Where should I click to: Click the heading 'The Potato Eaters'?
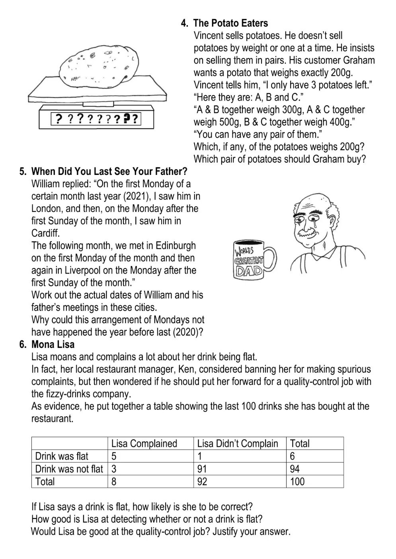[236, 23]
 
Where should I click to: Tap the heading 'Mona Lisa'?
[53, 344]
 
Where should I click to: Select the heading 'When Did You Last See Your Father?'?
[109, 172]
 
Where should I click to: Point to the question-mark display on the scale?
[97, 119]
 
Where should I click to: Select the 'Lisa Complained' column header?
[144, 444]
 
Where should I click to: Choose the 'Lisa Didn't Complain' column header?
[238, 444]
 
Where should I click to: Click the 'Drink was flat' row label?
[62, 456]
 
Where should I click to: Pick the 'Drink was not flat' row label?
[69, 469]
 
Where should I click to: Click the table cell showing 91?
[203, 469]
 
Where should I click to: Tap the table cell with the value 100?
[297, 482]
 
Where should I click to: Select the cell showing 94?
[295, 469]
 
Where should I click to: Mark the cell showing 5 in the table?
[114, 456]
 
